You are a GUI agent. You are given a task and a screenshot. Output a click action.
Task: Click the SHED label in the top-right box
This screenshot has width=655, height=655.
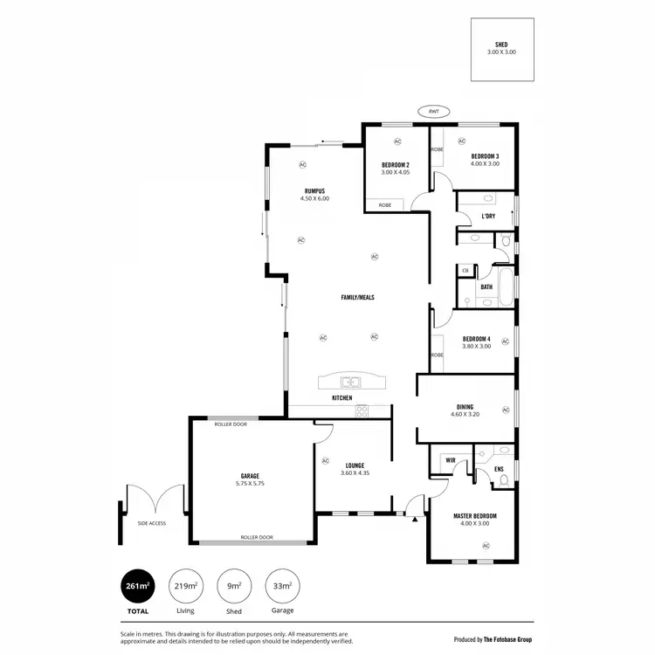coord(501,45)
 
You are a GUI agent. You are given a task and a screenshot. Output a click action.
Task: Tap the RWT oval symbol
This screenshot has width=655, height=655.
coord(432,112)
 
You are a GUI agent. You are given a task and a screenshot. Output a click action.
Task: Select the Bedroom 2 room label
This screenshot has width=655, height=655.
coord(395,165)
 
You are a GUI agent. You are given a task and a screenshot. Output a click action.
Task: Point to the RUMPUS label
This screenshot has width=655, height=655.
coord(315,190)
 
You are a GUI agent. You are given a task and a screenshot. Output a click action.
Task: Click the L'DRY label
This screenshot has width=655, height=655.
coord(488,216)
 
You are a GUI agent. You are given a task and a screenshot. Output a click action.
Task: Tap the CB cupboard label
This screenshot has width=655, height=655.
coord(465,272)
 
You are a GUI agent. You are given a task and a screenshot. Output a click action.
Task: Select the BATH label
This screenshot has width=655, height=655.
coord(486,286)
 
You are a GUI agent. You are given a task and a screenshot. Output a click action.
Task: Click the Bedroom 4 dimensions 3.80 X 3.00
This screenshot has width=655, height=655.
coord(476,346)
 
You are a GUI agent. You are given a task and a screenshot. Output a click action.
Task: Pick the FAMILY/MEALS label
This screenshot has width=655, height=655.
coord(357,298)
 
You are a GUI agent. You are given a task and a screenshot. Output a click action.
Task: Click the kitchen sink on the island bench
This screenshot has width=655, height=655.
coord(348,382)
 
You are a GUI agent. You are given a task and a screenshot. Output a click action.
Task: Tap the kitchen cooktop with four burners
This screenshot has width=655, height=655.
coord(362,410)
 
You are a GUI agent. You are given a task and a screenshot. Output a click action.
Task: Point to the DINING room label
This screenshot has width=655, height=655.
coord(465,406)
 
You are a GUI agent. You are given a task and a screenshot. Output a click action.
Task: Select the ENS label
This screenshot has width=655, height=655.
coord(499,470)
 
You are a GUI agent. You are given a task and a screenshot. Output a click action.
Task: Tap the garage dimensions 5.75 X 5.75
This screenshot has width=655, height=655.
coord(252,483)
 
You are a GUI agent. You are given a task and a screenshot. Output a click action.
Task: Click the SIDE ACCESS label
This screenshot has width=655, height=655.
coord(151,523)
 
